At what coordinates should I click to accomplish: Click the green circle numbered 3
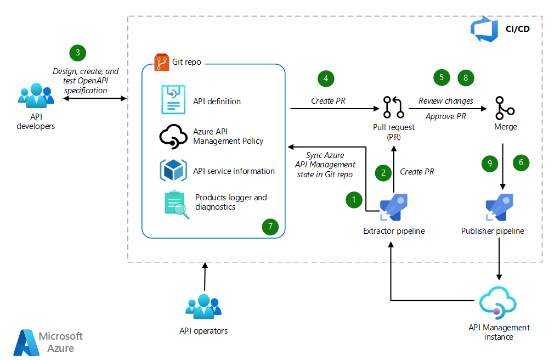point(78,53)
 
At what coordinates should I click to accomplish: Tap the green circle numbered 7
point(270,226)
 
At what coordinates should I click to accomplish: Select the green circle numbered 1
point(354,200)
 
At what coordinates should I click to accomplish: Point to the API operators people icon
point(203,308)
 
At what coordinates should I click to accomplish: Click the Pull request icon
point(393,108)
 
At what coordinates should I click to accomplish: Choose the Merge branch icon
point(504,108)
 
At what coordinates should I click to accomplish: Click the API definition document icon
point(173,100)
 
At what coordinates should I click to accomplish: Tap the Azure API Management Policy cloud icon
point(173,137)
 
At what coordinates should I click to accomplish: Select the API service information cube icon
point(173,170)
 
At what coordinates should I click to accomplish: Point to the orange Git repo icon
point(161,61)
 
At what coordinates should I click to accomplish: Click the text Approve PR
point(445,116)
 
